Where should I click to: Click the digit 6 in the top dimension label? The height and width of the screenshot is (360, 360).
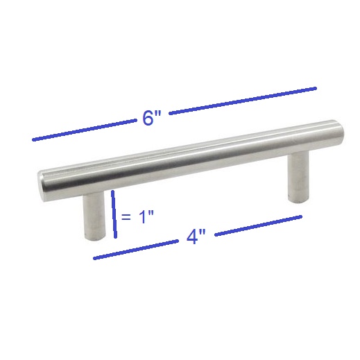point(148,119)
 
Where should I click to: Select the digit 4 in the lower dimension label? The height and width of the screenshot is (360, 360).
point(192,237)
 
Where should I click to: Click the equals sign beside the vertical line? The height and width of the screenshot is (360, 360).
point(126,217)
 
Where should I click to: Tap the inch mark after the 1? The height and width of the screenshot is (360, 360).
point(151,213)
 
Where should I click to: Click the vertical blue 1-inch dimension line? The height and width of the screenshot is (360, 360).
point(114,214)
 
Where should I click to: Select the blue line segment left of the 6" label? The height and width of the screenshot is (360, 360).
point(84,130)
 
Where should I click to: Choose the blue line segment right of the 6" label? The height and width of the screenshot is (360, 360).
point(243,101)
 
